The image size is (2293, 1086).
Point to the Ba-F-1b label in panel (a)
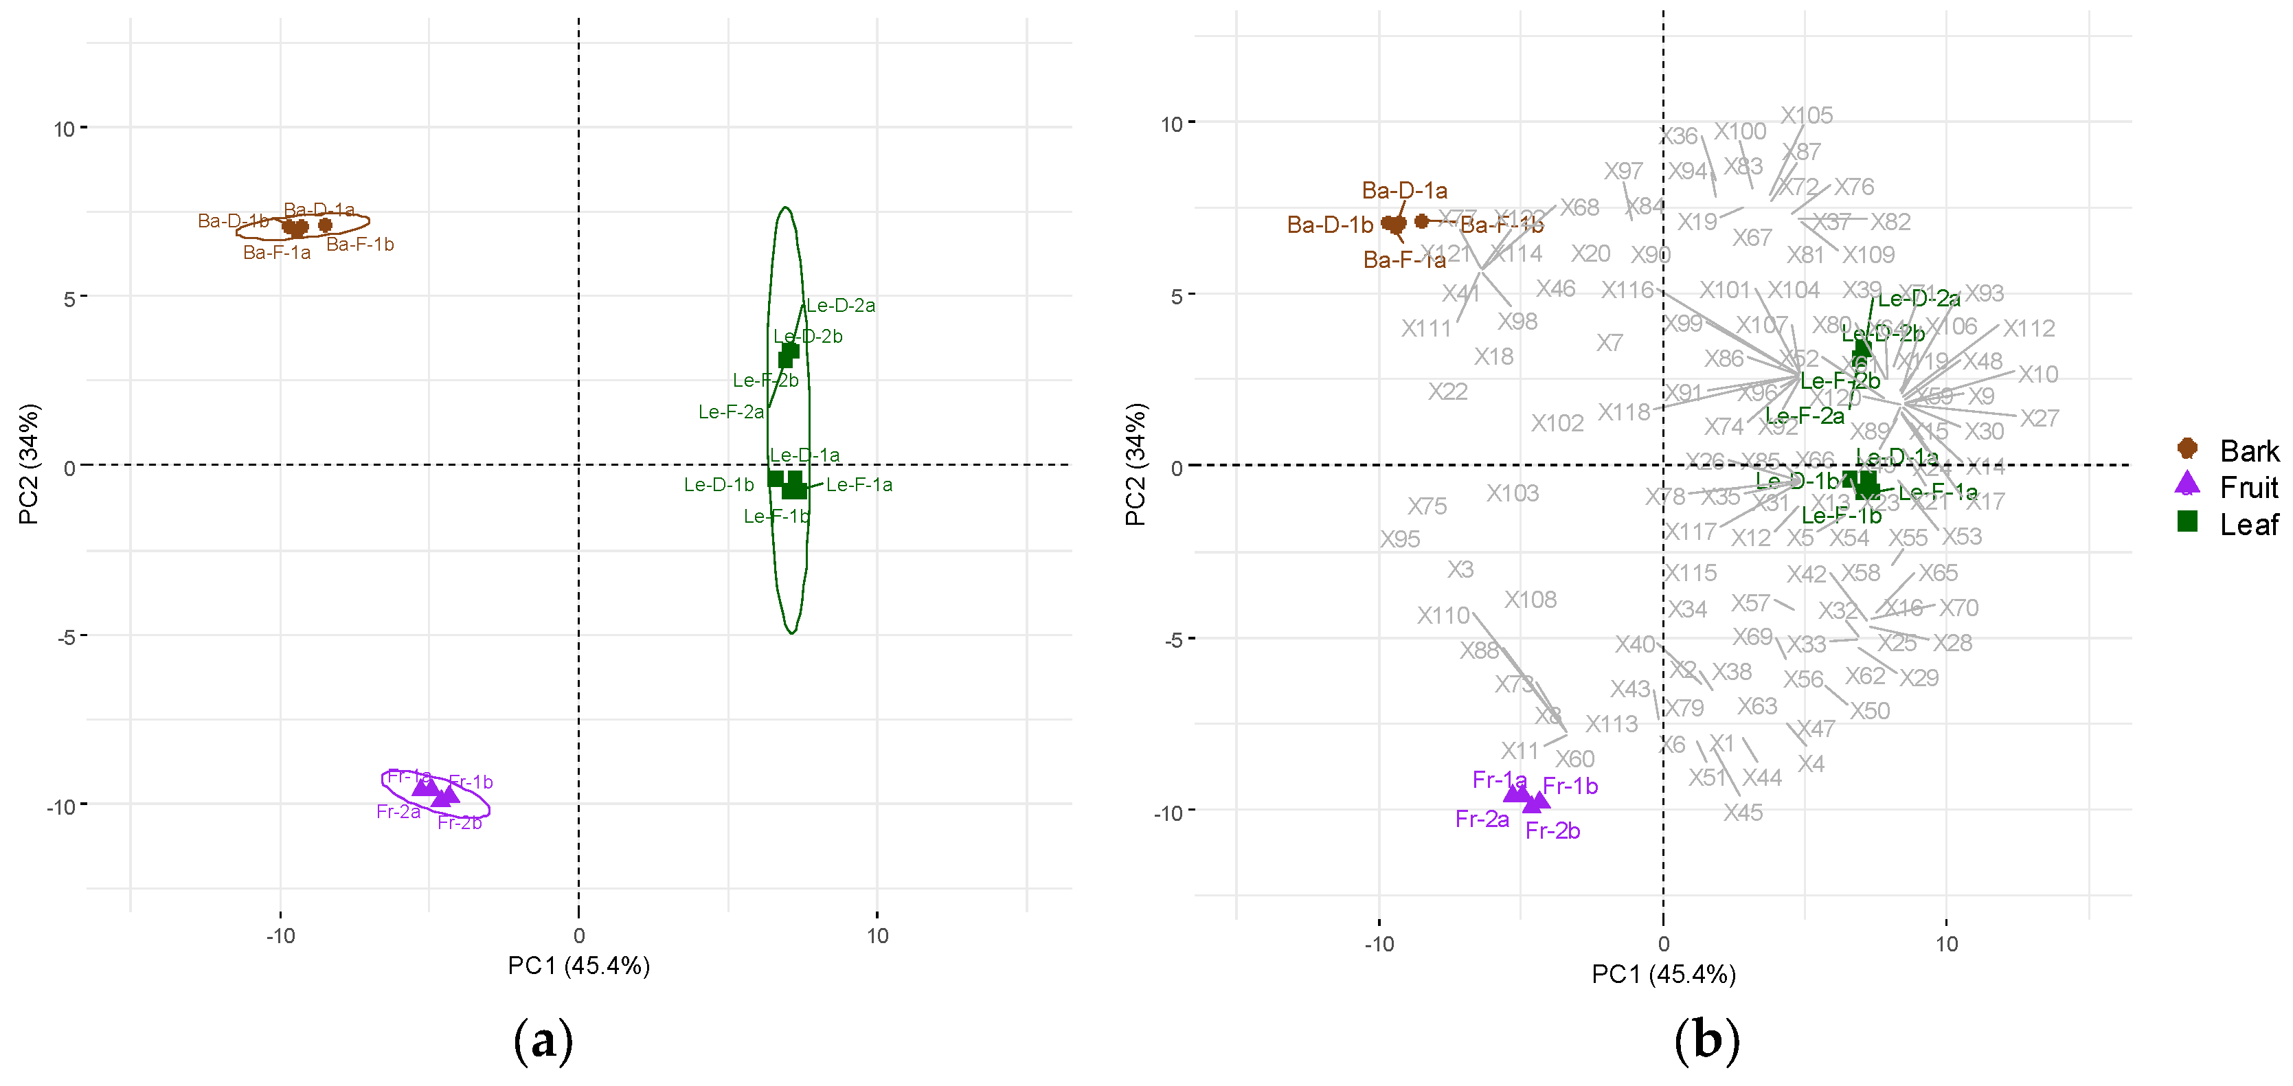(x=360, y=244)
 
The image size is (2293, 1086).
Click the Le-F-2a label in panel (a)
(x=731, y=411)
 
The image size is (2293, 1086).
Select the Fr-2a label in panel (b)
(x=1482, y=818)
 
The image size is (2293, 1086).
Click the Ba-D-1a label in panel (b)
(x=1405, y=190)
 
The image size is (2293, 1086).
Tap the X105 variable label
(x=1806, y=115)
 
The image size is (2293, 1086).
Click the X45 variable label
(x=1743, y=812)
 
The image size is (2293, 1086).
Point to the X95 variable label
(x=1400, y=539)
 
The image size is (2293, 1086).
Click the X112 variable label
(x=2029, y=328)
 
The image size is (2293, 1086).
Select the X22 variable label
(x=1447, y=391)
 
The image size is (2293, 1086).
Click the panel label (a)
(x=543, y=1040)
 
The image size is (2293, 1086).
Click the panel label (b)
(x=1706, y=1040)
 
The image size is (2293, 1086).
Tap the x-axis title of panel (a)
(x=578, y=965)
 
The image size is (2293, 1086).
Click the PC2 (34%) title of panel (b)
(x=1135, y=464)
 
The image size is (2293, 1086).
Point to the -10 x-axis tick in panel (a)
(x=280, y=936)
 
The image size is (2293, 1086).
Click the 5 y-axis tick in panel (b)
(x=1177, y=295)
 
